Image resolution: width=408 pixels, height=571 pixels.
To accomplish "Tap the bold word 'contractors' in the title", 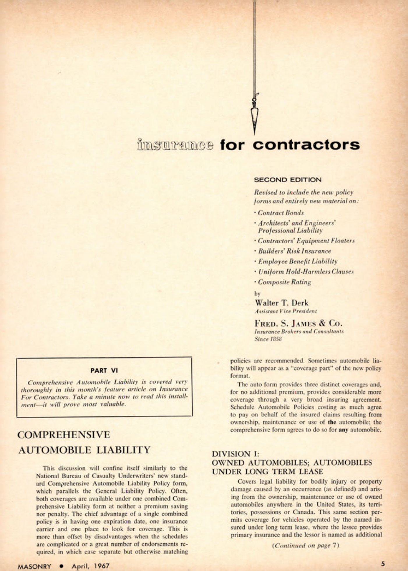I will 306,145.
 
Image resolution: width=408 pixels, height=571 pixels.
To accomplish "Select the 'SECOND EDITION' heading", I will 288,180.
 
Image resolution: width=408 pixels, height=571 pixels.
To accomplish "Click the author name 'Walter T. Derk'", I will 281,303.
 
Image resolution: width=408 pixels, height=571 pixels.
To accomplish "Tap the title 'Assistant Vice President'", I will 285,311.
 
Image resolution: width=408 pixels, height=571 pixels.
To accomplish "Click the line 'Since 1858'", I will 268,339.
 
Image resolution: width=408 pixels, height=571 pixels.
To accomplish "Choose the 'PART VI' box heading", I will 104,370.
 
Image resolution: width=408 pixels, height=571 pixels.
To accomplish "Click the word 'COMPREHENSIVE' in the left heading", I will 64,435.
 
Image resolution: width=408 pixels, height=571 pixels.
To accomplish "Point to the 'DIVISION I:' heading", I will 235,454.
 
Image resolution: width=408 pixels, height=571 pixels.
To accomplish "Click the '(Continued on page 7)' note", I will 305,545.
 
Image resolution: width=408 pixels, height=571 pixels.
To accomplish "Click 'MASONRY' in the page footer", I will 34,566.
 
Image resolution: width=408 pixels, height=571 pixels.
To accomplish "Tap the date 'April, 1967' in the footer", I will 91,566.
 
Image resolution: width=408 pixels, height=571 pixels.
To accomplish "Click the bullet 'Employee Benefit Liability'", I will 298,261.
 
